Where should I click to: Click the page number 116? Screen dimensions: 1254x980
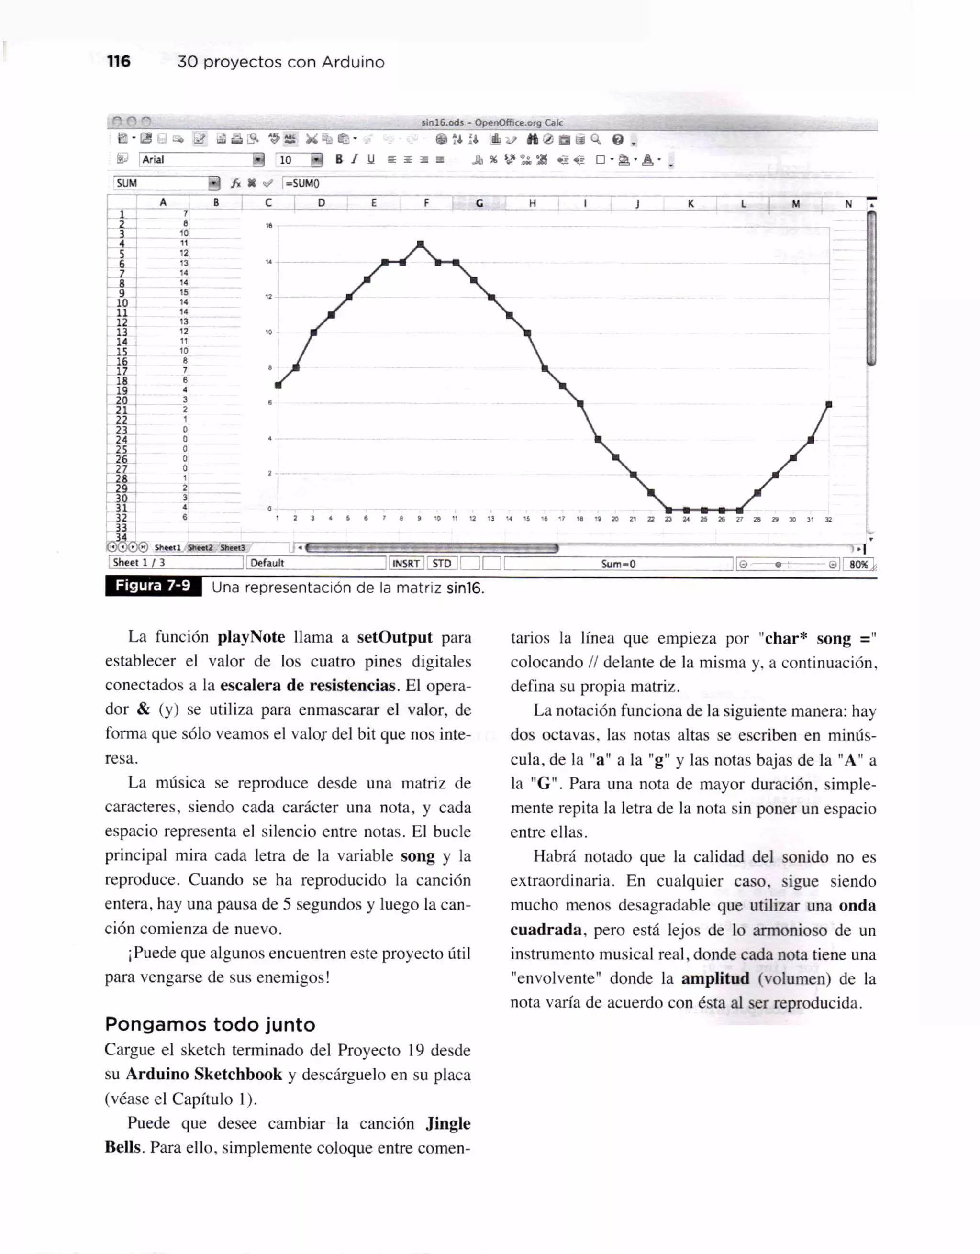click(118, 61)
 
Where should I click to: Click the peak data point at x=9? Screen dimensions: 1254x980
click(420, 244)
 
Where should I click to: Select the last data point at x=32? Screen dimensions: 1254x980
click(828, 404)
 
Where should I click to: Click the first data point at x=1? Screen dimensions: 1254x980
click(278, 385)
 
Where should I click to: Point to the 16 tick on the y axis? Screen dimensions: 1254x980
click(268, 226)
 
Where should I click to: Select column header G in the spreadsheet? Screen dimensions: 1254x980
click(479, 203)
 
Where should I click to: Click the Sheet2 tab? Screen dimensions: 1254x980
click(200, 548)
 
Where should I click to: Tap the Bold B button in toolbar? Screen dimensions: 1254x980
click(339, 160)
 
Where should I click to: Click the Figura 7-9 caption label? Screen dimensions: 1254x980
click(153, 586)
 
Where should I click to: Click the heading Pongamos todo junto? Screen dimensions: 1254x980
click(210, 1024)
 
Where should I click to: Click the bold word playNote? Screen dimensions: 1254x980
click(251, 637)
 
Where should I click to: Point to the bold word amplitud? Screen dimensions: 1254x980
click(715, 978)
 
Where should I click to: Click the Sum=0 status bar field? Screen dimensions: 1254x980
click(618, 564)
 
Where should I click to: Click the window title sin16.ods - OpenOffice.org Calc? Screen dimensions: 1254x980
click(491, 122)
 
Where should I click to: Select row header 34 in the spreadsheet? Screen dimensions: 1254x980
click(122, 537)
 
